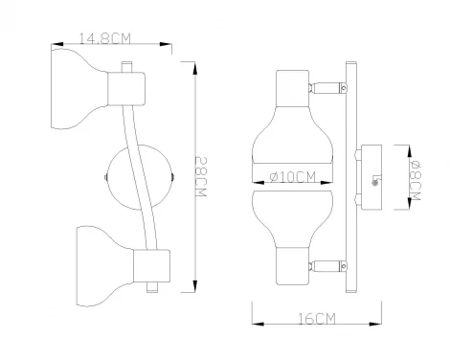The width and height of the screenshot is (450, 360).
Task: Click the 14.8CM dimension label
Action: pyautogui.click(x=103, y=39)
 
